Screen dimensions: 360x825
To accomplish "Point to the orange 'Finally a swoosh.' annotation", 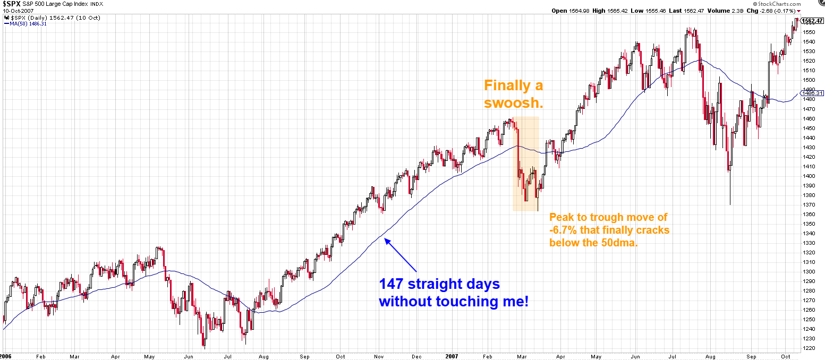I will click(513, 93).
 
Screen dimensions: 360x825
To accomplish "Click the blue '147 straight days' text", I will click(439, 284).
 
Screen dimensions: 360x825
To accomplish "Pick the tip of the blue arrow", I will click(386, 239).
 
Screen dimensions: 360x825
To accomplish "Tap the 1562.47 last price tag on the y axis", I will click(811, 21).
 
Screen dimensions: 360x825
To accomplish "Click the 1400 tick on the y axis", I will click(809, 176).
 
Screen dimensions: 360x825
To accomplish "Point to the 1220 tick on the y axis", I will click(809, 348).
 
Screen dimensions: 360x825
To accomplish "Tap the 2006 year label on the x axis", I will click(5, 356).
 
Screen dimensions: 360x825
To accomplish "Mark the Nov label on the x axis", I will click(378, 356).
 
